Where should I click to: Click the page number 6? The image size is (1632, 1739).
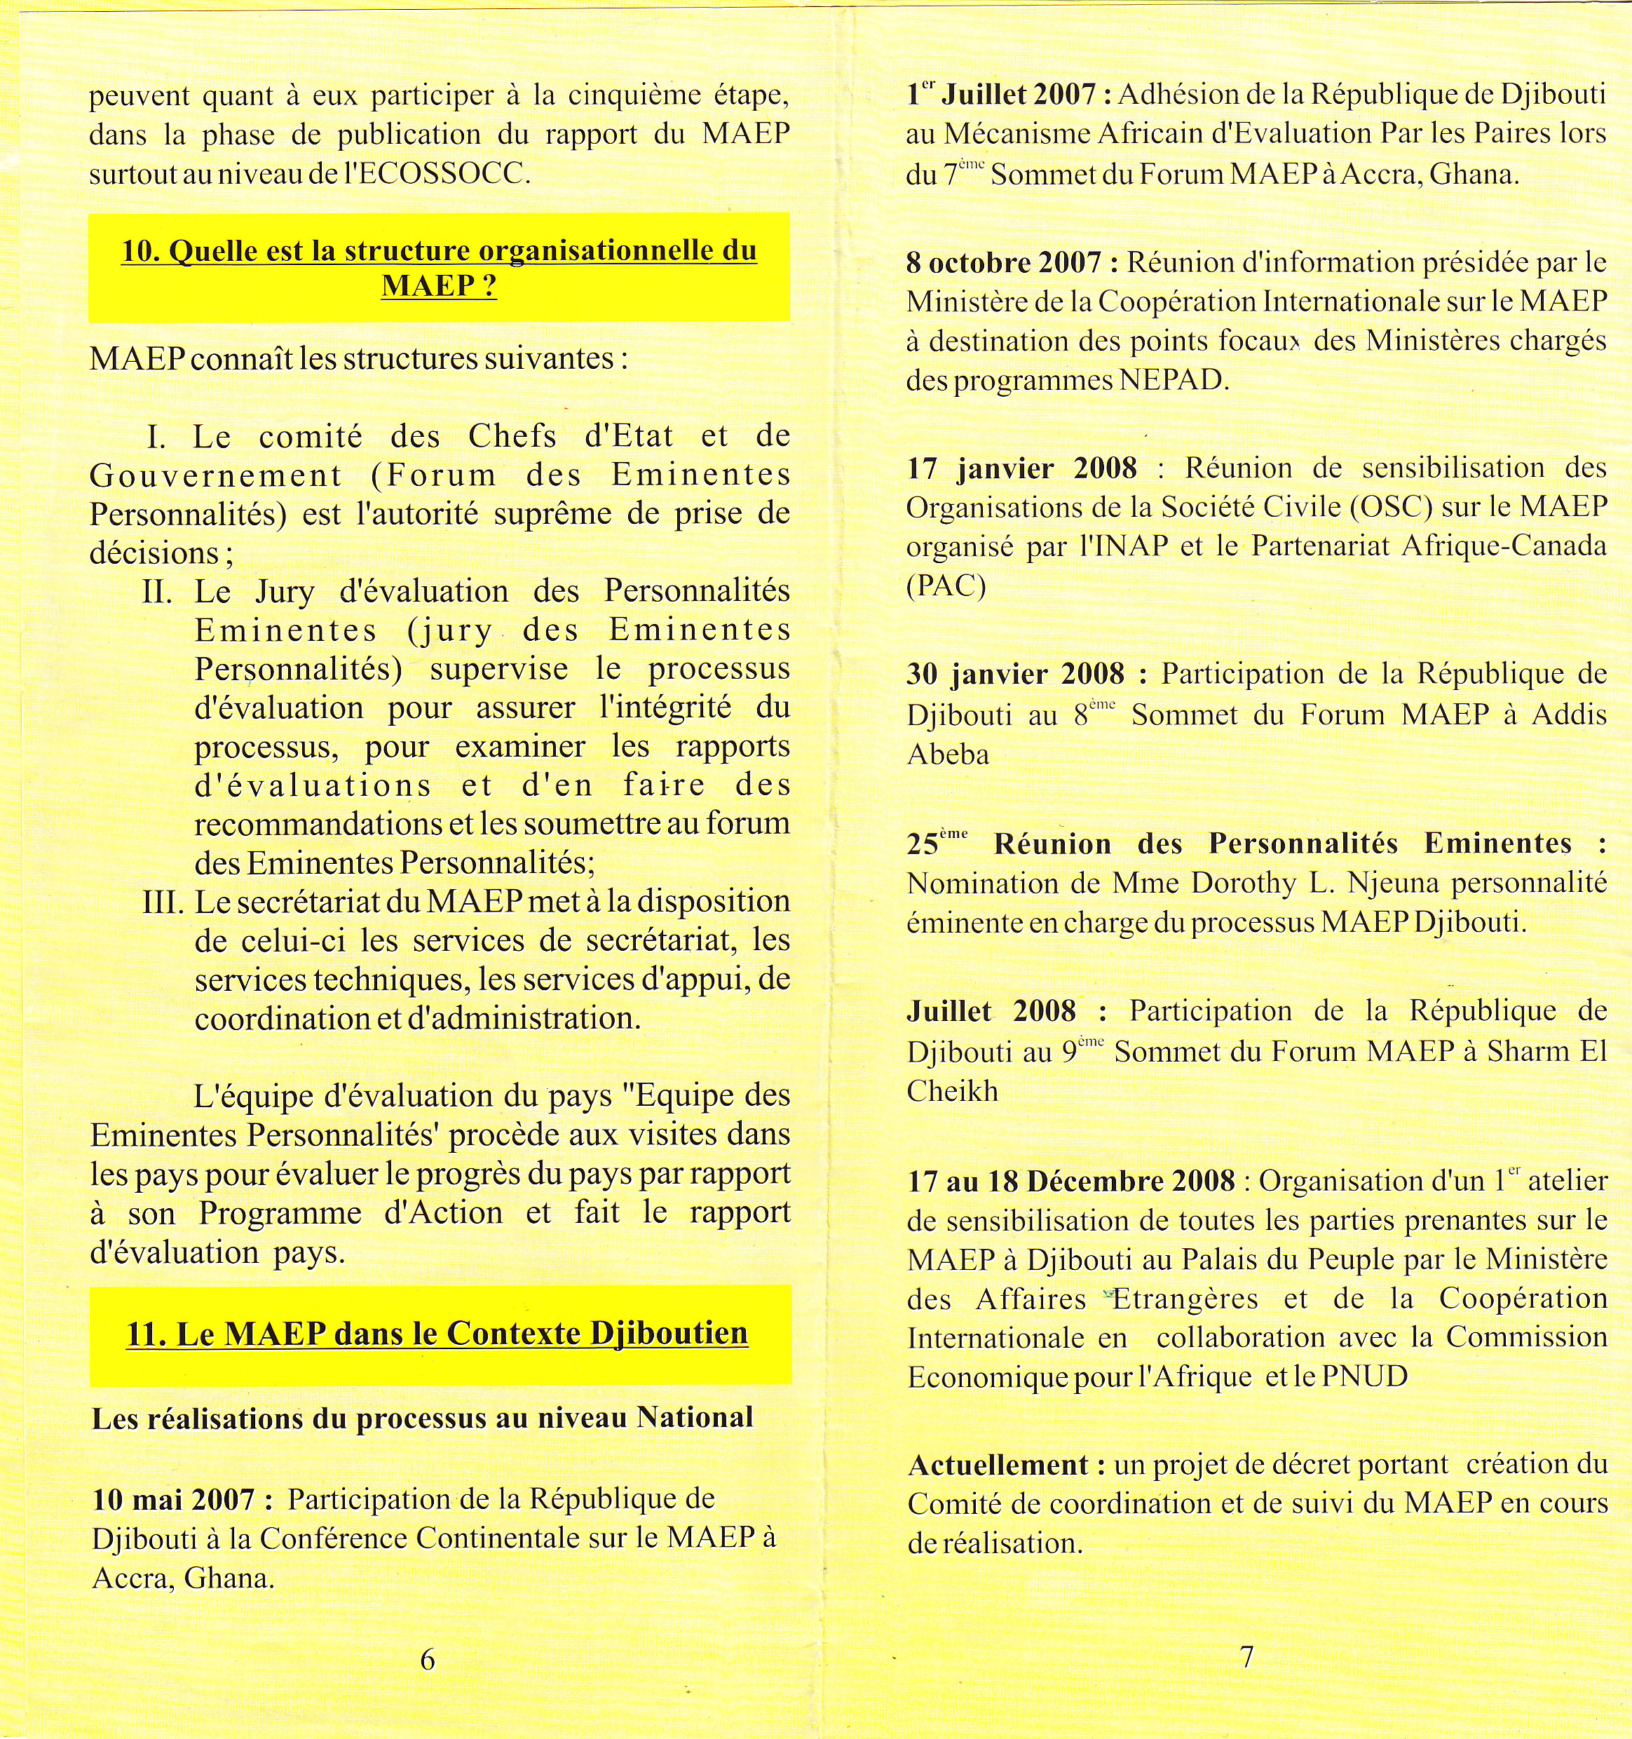pyautogui.click(x=428, y=1659)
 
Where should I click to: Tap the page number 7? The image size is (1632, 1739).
pyautogui.click(x=1247, y=1657)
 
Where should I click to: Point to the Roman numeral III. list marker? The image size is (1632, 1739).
pyautogui.click(x=162, y=902)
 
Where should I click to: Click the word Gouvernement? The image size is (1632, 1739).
pyautogui.click(x=216, y=475)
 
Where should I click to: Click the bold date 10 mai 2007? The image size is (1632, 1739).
pyautogui.click(x=174, y=1500)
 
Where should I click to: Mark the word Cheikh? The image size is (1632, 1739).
pyautogui.click(x=951, y=1092)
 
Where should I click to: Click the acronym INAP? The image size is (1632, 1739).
pyautogui.click(x=1126, y=546)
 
